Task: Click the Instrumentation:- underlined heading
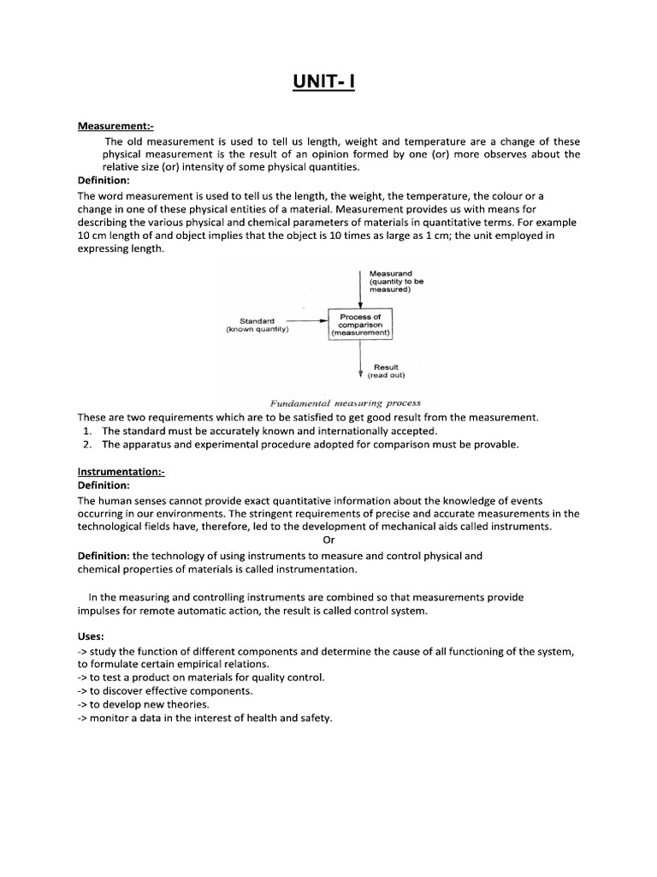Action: (x=121, y=472)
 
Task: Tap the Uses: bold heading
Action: (x=91, y=637)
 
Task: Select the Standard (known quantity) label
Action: (x=257, y=325)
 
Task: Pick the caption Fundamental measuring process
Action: (x=345, y=403)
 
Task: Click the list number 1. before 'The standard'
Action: (x=88, y=431)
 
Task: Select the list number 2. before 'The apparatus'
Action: (x=88, y=444)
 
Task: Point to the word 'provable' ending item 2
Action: (x=494, y=444)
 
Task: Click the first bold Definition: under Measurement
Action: (x=104, y=181)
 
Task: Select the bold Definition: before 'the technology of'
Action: (x=104, y=555)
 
